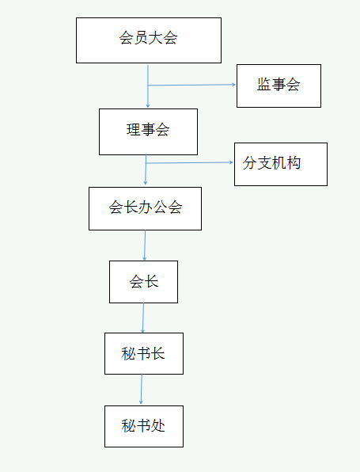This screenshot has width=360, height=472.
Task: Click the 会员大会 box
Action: pyautogui.click(x=149, y=40)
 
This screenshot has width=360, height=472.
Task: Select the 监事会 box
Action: pyautogui.click(x=279, y=86)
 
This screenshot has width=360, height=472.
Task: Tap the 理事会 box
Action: pyautogui.click(x=148, y=131)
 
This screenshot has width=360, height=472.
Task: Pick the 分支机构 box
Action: pyautogui.click(x=281, y=165)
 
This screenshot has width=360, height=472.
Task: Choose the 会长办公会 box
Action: pyautogui.click(x=145, y=208)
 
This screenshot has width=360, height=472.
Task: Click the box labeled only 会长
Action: pyautogui.click(x=143, y=282)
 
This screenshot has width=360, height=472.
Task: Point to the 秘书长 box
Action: pyautogui.click(x=144, y=354)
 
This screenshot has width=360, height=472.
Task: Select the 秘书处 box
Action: pyautogui.click(x=144, y=426)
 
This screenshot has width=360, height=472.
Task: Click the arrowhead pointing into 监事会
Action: pyautogui.click(x=234, y=85)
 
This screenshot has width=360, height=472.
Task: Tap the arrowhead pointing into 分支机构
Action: pyautogui.click(x=232, y=162)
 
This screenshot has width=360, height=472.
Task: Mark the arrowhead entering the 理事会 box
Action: pyautogui.click(x=148, y=106)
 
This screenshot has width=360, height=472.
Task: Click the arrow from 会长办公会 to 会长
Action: pyautogui.click(x=145, y=246)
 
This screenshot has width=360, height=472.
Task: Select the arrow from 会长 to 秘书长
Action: pyautogui.click(x=143, y=318)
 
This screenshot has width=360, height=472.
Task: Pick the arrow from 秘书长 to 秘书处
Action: pyautogui.click(x=142, y=389)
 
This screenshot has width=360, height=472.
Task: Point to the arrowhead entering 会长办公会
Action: pyautogui.click(x=146, y=183)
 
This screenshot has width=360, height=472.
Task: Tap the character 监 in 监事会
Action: pyautogui.click(x=263, y=84)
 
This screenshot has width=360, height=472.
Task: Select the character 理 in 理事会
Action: pyautogui.click(x=133, y=130)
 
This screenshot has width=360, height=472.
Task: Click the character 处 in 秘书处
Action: pyautogui.click(x=158, y=425)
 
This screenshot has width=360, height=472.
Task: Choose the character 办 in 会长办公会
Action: pyautogui.click(x=146, y=207)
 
